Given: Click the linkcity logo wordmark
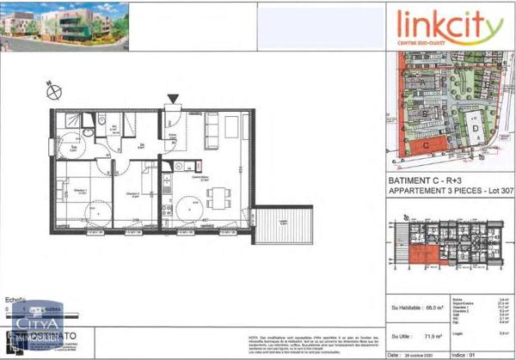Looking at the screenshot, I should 449,27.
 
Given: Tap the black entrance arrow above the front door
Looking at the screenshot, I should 175,100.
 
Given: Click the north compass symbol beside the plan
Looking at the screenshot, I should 52,89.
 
